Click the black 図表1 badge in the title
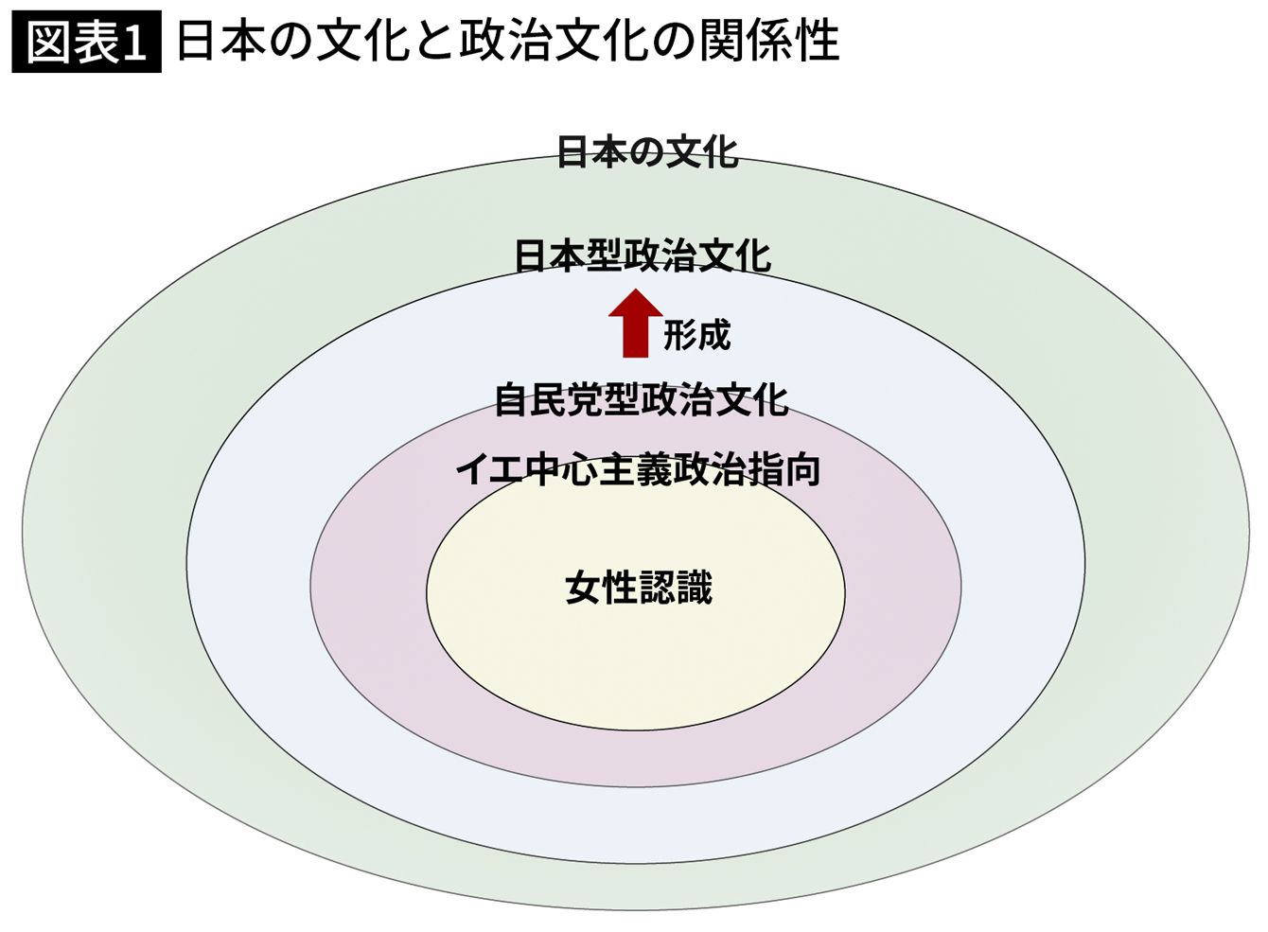[x=86, y=43]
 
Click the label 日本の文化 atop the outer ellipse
[x=646, y=152]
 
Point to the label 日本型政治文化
[x=643, y=256]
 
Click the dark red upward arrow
[x=635, y=325]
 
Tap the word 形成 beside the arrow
[x=697, y=335]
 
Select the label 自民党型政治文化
[x=641, y=400]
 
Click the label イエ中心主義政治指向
[x=638, y=470]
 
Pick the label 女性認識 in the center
[x=638, y=588]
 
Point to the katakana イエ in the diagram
[x=491, y=470]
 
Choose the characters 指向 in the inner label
[x=784, y=470]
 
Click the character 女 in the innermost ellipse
[x=583, y=588]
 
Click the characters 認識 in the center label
[x=676, y=588]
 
